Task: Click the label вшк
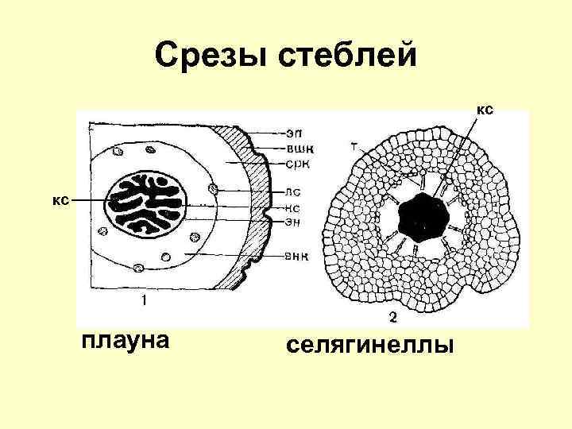click(x=300, y=147)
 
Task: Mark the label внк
click(x=299, y=255)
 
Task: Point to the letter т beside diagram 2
click(x=353, y=147)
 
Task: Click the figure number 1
click(x=144, y=300)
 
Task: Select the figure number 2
click(x=392, y=318)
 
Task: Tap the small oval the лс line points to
click(x=213, y=188)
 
